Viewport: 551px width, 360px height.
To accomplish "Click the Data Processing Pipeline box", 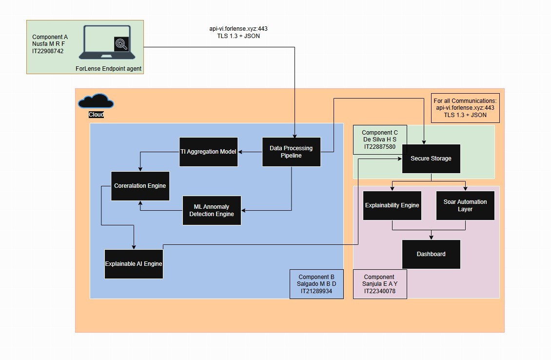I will pos(291,152).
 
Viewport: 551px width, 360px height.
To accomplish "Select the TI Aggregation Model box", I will pos(208,152).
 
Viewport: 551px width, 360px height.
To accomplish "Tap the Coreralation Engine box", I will pos(140,186).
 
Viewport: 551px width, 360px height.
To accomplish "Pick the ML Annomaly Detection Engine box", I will pos(212,210).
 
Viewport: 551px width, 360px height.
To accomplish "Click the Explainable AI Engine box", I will pos(134,264).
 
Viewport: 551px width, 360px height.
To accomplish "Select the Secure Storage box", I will pos(431,159).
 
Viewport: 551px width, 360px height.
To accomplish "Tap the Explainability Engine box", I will pos(392,205).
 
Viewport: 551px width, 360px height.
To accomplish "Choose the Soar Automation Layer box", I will pos(465,205).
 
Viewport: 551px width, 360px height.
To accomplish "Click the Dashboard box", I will pos(431,254).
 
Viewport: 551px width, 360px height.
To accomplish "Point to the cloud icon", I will pos(96,102).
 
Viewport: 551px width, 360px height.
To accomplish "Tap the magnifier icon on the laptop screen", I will pos(121,44).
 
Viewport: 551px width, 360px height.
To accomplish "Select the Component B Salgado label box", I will pos(317,284).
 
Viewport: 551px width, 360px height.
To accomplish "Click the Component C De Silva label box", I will pos(380,139).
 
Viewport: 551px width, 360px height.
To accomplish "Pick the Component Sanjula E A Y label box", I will pos(379,284).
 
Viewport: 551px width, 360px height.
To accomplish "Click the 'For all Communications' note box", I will pos(465,108).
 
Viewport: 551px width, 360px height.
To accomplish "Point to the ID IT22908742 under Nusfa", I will pos(48,51).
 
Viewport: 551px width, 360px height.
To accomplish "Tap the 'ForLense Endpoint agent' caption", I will pos(108,69).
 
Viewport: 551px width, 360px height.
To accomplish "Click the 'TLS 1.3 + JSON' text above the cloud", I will pos(238,36).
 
